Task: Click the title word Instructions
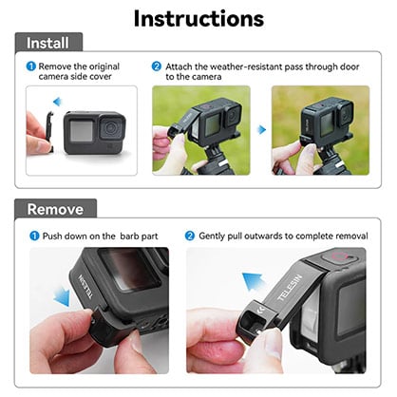pyautogui.click(x=198, y=17)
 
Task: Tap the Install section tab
pyautogui.click(x=47, y=43)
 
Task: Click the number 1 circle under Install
pyautogui.click(x=31, y=67)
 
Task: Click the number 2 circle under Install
pyautogui.click(x=158, y=67)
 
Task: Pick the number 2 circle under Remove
pyautogui.click(x=191, y=235)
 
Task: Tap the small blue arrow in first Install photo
pyautogui.click(x=56, y=102)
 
